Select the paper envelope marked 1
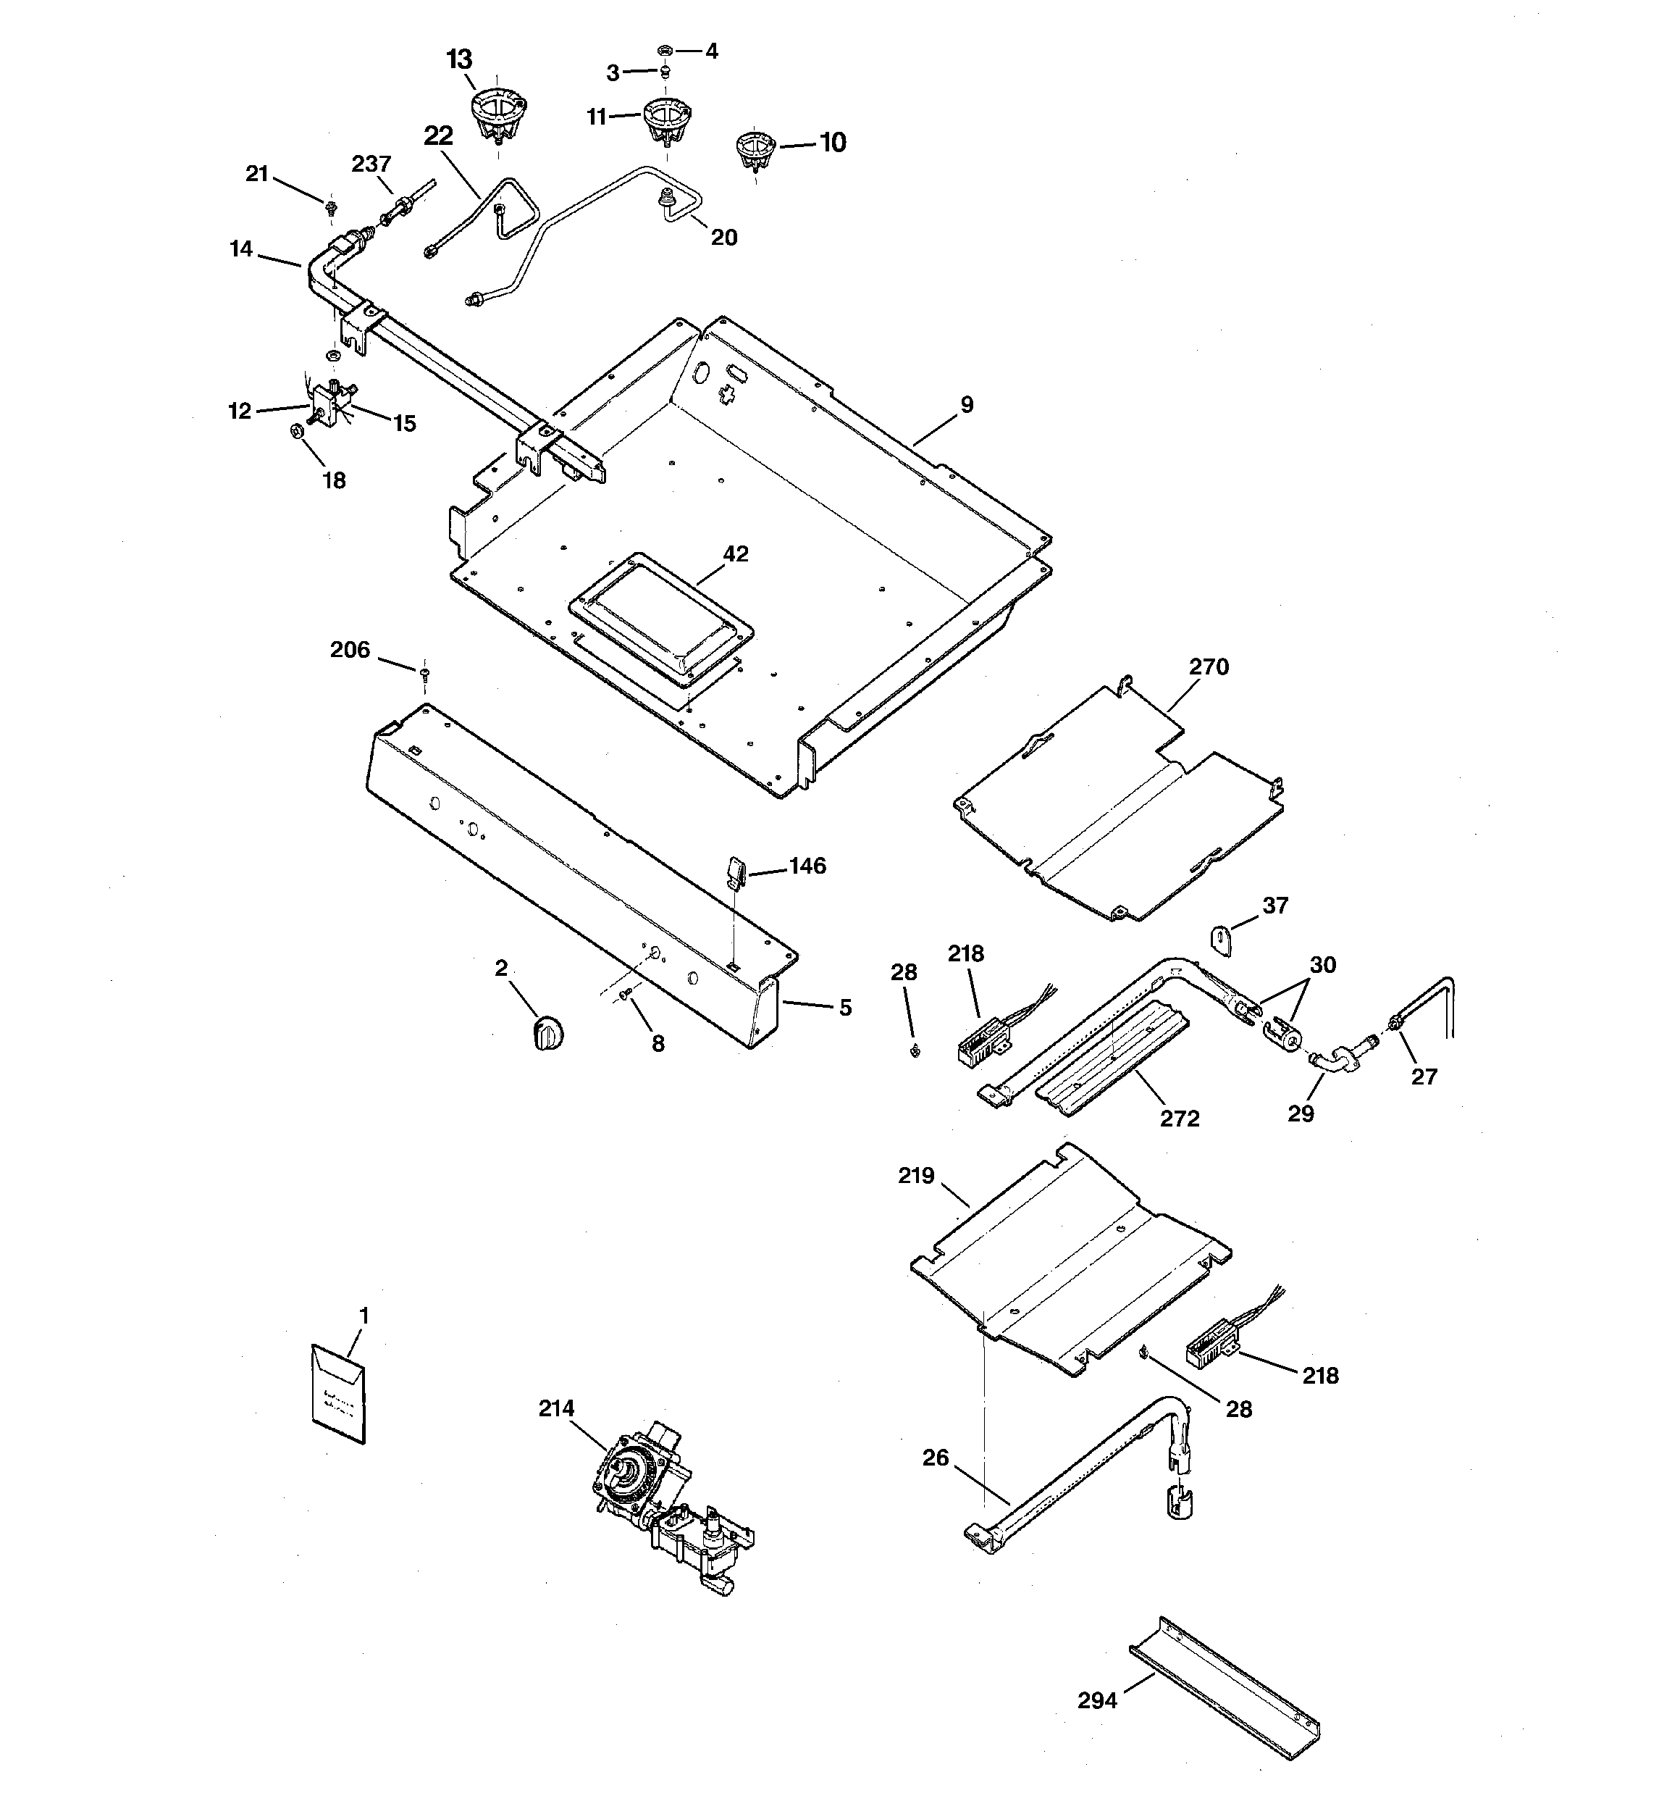coord(339,1395)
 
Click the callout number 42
coord(736,553)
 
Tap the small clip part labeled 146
coord(734,873)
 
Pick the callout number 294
coord(1098,1701)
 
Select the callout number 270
coord(1209,666)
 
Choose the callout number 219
coord(916,1176)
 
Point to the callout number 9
coord(967,405)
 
